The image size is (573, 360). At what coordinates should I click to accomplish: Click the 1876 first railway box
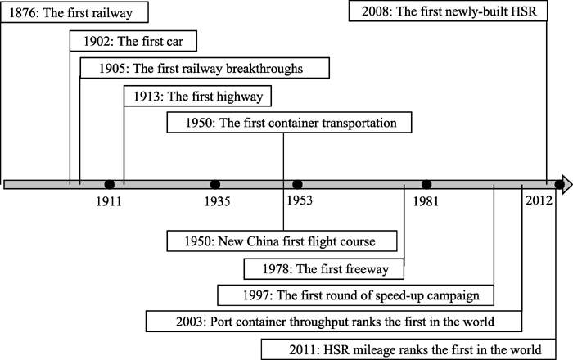(x=74, y=12)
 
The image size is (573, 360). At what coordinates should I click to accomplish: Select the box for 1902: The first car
(x=133, y=41)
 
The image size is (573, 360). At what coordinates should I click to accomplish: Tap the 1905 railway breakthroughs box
(x=205, y=68)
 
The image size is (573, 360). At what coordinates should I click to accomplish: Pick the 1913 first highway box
(x=198, y=96)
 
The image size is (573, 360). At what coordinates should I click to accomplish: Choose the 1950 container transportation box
(x=290, y=122)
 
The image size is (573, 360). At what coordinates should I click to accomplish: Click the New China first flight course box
(x=282, y=241)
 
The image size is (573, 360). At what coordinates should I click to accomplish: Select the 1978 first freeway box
(x=324, y=269)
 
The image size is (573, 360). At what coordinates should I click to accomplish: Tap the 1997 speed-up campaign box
(x=355, y=295)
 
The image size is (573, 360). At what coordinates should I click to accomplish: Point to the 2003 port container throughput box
(x=334, y=322)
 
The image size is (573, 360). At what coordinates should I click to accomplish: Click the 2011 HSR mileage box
(x=408, y=349)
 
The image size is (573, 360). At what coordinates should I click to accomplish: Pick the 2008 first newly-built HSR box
(x=448, y=11)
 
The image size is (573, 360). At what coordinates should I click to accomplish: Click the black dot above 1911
(x=109, y=184)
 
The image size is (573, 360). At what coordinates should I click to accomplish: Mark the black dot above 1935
(x=215, y=184)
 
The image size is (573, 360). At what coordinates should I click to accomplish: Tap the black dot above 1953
(x=297, y=184)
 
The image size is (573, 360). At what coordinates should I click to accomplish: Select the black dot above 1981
(x=426, y=184)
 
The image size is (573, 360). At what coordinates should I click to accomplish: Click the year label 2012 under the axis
(x=539, y=200)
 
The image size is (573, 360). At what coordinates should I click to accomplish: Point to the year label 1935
(x=218, y=201)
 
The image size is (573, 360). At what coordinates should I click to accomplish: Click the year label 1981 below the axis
(x=426, y=201)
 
